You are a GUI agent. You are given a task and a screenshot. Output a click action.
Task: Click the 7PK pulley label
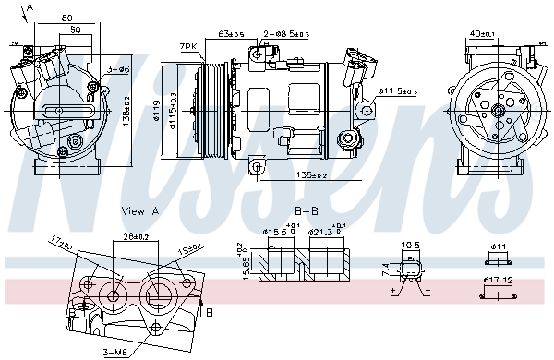point(189,45)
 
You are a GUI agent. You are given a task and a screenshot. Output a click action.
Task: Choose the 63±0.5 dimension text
point(231,34)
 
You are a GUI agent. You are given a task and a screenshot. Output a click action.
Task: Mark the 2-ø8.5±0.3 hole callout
point(285,34)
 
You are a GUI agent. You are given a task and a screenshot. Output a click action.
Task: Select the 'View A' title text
point(140,210)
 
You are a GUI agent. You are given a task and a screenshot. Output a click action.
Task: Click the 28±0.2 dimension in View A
point(136,236)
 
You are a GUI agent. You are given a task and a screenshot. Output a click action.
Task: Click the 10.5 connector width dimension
point(410,246)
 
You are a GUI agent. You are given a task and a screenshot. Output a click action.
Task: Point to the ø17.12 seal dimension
point(500,280)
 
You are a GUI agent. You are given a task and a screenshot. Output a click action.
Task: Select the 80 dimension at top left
point(67,18)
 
